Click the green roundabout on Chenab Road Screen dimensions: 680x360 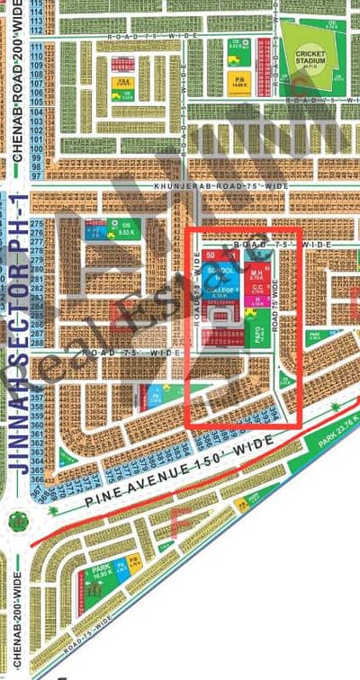click(17, 520)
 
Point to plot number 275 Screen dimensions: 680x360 click(62, 221)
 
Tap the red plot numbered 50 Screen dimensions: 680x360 click(210, 256)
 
